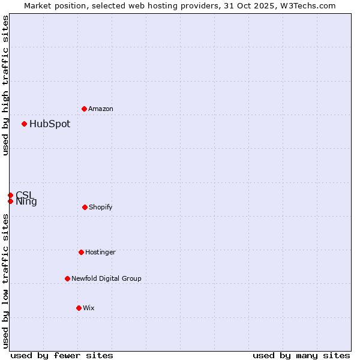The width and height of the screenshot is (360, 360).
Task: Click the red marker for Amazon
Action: [x=84, y=109]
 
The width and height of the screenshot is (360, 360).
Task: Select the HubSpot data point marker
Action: [x=24, y=124]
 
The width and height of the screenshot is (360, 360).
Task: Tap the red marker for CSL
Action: [x=10, y=195]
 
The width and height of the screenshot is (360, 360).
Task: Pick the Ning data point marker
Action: [x=10, y=201]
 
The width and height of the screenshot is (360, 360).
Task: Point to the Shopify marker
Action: [x=85, y=207]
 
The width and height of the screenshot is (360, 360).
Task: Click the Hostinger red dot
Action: [x=81, y=252]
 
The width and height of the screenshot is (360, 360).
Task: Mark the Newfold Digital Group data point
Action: [x=67, y=278]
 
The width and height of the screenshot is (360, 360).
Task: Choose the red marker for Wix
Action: [x=79, y=308]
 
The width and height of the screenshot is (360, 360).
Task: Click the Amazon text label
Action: [x=101, y=109]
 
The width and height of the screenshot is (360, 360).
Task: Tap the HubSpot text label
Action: [x=50, y=124]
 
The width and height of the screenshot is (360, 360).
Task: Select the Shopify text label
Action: [x=101, y=208]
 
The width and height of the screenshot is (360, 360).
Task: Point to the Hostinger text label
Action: [x=100, y=253]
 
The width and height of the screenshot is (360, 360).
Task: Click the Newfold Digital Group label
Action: [x=106, y=279]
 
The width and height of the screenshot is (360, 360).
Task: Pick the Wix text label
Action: [x=89, y=308]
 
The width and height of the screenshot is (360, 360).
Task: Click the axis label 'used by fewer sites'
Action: [x=62, y=355]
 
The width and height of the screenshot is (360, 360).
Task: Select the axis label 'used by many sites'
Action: [x=301, y=355]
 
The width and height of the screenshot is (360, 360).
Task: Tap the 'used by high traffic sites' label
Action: [x=5, y=85]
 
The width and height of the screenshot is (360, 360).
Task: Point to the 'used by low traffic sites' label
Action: [x=5, y=281]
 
